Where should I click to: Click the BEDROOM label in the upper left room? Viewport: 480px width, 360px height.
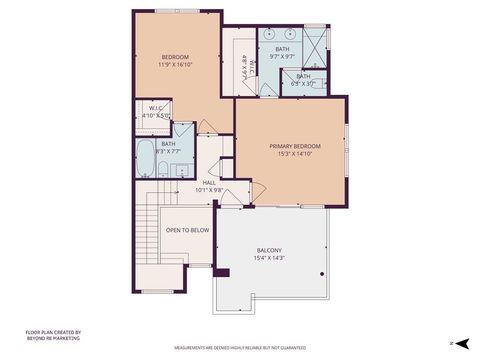tap(176, 56)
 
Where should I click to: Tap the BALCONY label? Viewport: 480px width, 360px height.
tap(269, 250)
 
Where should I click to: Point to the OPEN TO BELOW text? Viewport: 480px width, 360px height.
tap(187, 229)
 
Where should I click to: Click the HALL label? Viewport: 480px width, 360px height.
tap(210, 182)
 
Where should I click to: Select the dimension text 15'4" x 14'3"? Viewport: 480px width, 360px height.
tap(269, 258)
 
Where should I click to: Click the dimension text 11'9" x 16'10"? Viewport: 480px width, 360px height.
tap(176, 64)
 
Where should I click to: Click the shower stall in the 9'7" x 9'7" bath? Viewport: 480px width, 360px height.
tap(316, 45)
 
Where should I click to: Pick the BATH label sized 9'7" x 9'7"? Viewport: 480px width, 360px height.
tap(282, 49)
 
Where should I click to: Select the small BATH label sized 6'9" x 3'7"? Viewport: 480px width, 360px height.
tap(303, 76)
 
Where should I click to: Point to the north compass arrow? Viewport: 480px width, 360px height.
tap(462, 343)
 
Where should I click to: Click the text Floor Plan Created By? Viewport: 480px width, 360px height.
tap(53, 333)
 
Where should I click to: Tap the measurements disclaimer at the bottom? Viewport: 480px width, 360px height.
tap(240, 348)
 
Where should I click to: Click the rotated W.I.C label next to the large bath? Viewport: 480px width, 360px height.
tap(245, 71)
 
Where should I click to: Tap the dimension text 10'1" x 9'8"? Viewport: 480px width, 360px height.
tap(210, 189)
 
